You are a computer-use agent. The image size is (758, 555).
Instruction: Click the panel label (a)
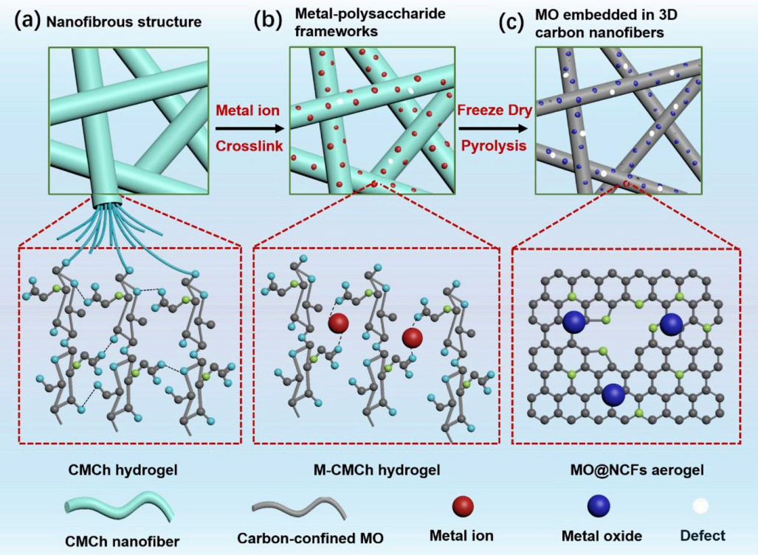pos(27,21)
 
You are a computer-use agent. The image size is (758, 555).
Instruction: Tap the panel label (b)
pos(267,21)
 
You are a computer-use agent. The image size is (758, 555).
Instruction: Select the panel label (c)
pos(511,22)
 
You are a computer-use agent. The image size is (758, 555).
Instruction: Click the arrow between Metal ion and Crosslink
pos(249,128)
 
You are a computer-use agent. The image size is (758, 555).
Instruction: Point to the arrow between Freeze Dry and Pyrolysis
pos(492,128)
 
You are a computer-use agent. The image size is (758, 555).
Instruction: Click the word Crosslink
pos(249,146)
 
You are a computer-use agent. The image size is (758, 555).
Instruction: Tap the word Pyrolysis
pos(494,146)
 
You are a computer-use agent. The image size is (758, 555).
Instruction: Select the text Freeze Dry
pos(495,110)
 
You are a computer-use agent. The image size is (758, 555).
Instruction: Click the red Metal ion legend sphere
pos(463,506)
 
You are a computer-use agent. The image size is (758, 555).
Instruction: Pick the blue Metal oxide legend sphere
pos(599,506)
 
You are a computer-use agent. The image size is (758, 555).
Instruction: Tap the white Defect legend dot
pos(700,506)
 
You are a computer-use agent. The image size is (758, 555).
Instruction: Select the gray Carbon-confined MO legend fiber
pos(299,508)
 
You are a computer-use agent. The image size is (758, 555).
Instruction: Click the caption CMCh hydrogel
pos(123,470)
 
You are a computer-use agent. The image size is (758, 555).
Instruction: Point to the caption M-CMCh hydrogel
pos(377,470)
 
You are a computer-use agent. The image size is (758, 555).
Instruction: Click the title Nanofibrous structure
pos(124,21)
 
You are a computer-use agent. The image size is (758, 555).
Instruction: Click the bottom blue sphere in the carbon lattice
pos(613,395)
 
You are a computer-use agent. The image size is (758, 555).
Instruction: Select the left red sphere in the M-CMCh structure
pos(338,323)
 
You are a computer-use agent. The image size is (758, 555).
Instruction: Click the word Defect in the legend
pos(703,536)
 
